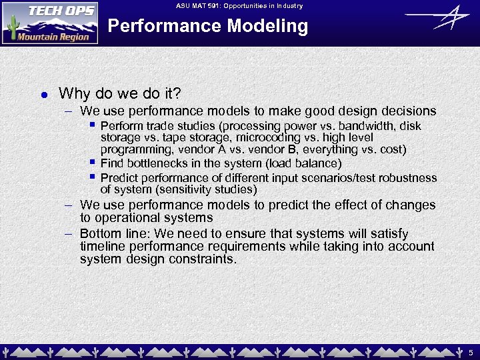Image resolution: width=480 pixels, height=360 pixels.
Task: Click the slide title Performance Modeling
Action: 207,27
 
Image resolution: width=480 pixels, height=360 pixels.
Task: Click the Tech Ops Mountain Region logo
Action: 50,23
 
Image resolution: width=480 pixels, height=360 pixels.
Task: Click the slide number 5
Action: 470,351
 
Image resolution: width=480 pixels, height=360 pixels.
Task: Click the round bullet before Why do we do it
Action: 43,94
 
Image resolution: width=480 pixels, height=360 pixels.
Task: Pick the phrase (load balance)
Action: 303,163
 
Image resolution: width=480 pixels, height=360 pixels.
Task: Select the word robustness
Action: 411,178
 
